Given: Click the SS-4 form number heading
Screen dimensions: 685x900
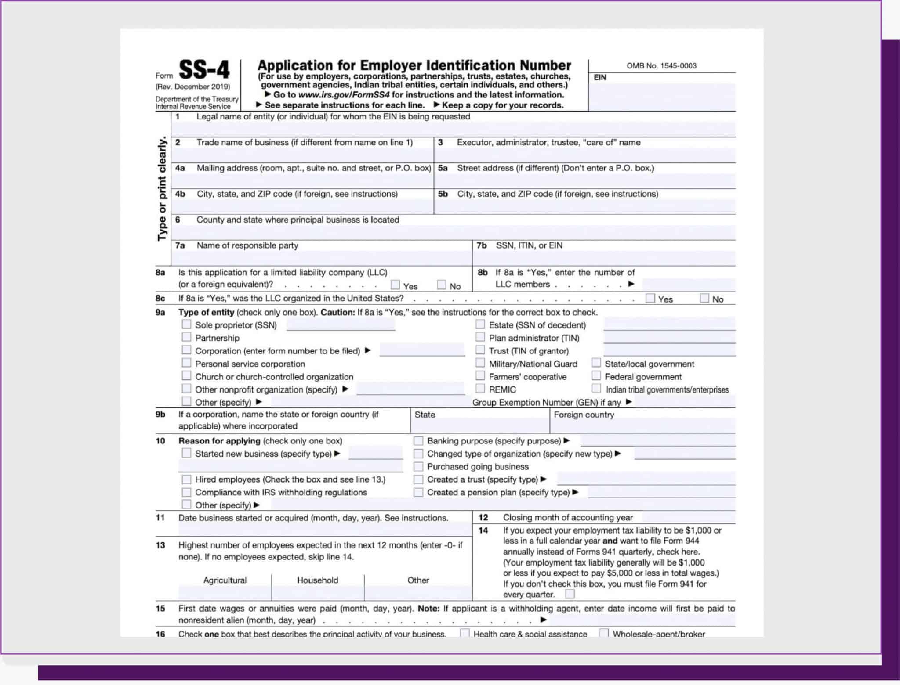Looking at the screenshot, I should (204, 70).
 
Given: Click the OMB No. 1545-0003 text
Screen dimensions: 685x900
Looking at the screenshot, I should (661, 66).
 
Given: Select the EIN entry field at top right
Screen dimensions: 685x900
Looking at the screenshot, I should (661, 97).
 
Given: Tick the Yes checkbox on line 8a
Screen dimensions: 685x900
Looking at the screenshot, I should (396, 285).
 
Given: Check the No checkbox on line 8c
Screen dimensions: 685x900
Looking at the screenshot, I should (704, 299).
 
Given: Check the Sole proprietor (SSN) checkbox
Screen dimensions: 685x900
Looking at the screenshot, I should (187, 324).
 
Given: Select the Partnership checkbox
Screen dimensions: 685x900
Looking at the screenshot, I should (187, 337).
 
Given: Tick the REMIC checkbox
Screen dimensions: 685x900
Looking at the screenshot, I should (480, 389).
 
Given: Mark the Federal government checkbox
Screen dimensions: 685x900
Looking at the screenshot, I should (596, 376).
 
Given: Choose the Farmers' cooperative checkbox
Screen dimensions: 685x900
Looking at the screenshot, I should (480, 376).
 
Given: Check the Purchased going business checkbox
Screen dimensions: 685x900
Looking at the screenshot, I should (418, 466).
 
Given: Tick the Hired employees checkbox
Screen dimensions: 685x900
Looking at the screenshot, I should (187, 479).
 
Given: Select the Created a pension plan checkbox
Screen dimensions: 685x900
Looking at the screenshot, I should (418, 492).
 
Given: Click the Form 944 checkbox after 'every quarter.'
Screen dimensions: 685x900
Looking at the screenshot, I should (570, 594).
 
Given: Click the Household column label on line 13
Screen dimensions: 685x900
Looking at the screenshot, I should (317, 580).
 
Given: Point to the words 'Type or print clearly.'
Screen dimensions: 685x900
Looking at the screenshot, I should (162, 189).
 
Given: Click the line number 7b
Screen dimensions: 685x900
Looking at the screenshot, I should (482, 245).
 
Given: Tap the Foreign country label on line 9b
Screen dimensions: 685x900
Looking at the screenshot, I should (584, 415).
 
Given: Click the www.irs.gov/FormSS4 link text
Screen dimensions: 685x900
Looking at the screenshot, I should (344, 95).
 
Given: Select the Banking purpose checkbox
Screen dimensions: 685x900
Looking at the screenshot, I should (418, 440).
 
